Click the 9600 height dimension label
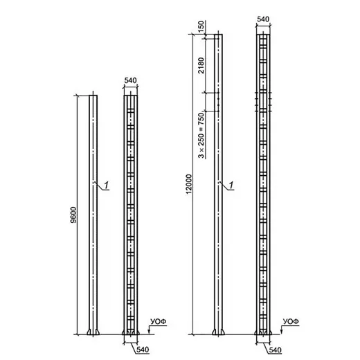(73, 215)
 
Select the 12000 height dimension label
(189, 184)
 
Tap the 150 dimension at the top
(201, 26)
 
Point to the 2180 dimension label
(201, 66)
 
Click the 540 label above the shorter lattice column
(130, 80)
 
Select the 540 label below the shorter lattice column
(143, 350)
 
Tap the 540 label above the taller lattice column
(263, 19)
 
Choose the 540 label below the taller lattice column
(276, 350)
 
